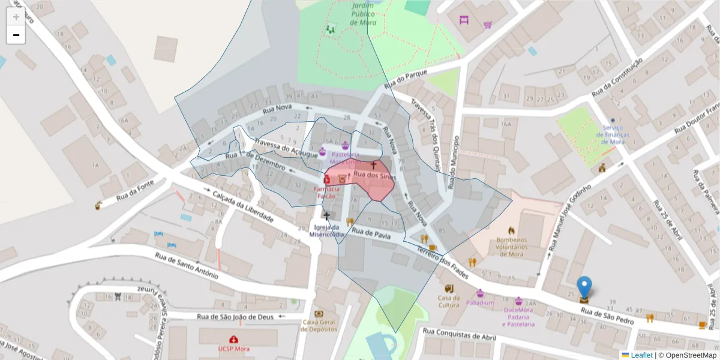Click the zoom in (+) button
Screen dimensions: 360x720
(16, 17)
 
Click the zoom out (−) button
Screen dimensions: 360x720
(16, 35)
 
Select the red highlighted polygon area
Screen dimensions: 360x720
(366, 183)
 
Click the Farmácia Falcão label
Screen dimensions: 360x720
(328, 192)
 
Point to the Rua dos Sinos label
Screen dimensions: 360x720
(374, 175)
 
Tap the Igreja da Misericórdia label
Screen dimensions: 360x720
(327, 231)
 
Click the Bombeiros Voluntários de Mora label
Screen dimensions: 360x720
(511, 246)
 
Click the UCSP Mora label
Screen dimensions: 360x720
(233, 349)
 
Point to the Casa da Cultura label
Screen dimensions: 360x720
(449, 301)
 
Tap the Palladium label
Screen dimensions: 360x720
(480, 303)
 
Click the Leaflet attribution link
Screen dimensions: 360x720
(641, 355)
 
